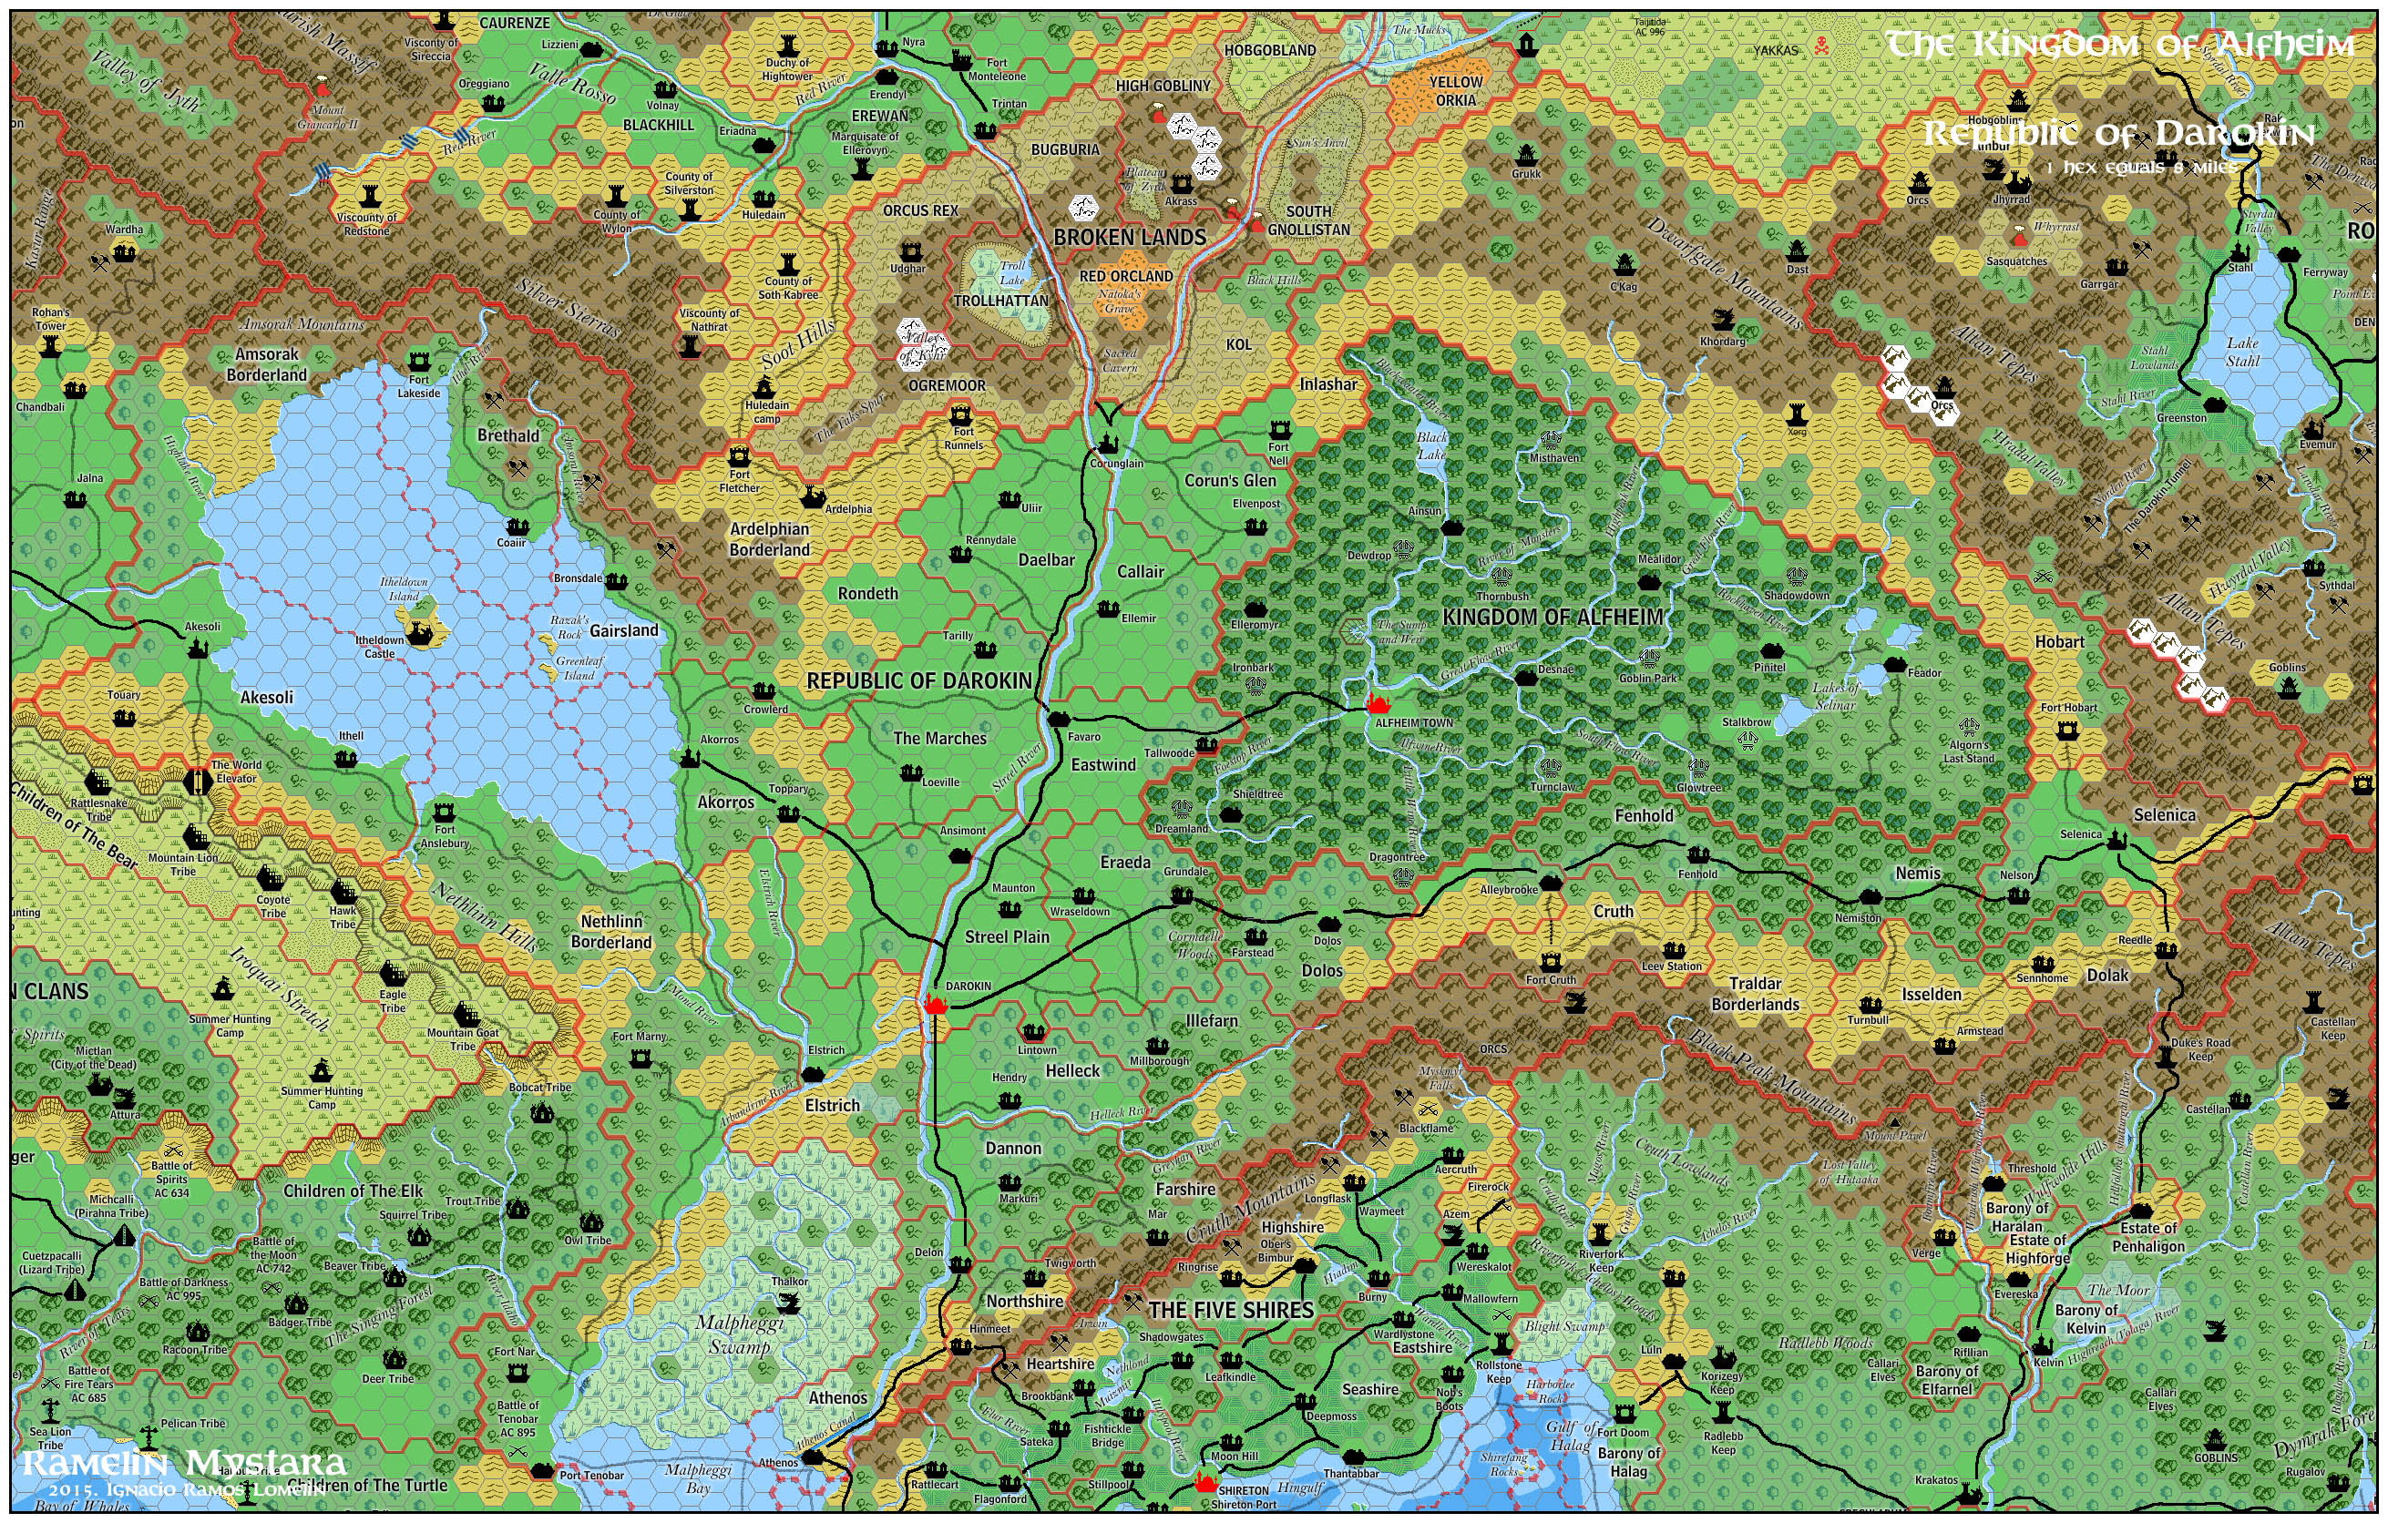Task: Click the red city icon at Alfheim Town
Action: (x=1377, y=705)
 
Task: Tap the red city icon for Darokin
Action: (x=934, y=1005)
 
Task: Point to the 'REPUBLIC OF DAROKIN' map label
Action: (x=918, y=681)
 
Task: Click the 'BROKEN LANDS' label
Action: (x=1129, y=237)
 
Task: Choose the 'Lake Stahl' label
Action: (x=2241, y=352)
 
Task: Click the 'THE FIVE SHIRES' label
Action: (x=1231, y=1310)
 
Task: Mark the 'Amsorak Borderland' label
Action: (x=266, y=363)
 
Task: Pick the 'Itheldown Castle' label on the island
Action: (x=379, y=647)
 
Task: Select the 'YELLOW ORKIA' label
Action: (x=1455, y=91)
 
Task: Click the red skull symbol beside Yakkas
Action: (x=1820, y=46)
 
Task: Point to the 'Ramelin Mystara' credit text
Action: (x=183, y=1463)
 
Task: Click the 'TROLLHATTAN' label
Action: (x=999, y=301)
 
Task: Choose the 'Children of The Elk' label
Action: (x=352, y=1191)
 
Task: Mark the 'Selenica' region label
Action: (x=2164, y=815)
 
